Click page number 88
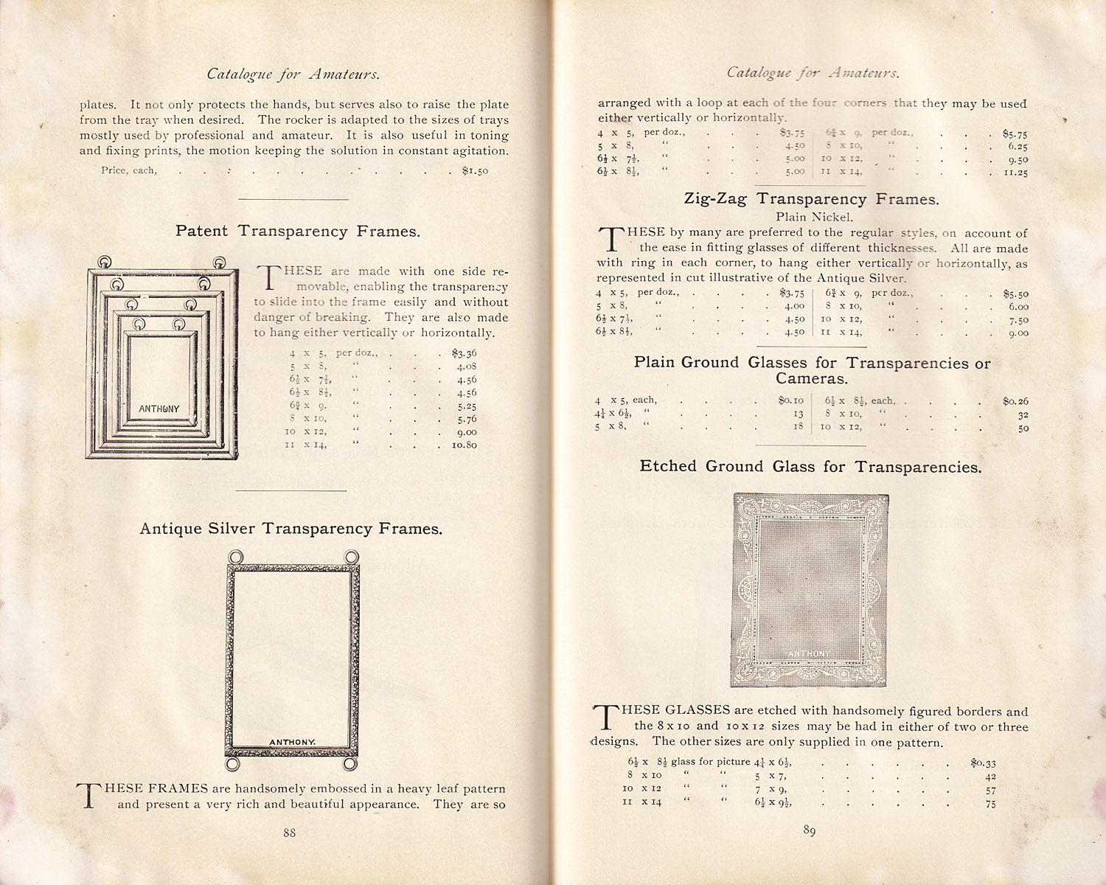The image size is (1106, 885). click(x=289, y=833)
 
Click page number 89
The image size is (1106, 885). click(x=809, y=831)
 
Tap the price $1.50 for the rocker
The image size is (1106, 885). click(x=475, y=170)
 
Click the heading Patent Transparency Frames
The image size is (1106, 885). click(x=298, y=231)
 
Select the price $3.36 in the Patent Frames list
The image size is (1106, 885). click(x=465, y=353)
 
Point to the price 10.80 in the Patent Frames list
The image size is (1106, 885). click(x=465, y=445)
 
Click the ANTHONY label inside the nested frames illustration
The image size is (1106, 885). click(x=159, y=409)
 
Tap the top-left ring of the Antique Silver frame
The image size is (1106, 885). click(x=235, y=557)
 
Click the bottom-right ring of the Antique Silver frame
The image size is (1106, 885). click(x=352, y=763)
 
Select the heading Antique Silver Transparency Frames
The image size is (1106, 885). click(x=291, y=529)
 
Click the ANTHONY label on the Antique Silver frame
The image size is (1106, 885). click(x=292, y=742)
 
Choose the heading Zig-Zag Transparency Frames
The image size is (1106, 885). click(x=811, y=199)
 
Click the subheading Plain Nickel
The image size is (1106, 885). click(x=814, y=217)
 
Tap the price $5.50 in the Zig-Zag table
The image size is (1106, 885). click(x=1015, y=294)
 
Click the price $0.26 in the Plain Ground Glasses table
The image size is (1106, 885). click(x=1015, y=401)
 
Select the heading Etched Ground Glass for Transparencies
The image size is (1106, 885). click(x=810, y=466)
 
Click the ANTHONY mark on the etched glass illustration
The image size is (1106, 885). click(x=809, y=654)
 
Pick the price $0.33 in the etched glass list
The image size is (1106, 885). click(x=983, y=763)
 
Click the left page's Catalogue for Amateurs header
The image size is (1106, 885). click(x=293, y=74)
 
